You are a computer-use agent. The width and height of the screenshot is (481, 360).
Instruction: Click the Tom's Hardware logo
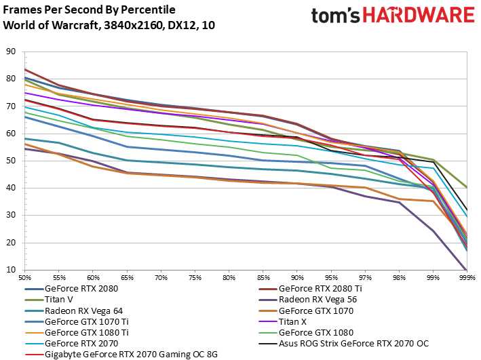click(x=391, y=17)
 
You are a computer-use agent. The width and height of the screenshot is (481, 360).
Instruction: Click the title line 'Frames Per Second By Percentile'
click(x=89, y=10)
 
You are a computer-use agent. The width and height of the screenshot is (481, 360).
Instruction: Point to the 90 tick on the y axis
click(x=11, y=52)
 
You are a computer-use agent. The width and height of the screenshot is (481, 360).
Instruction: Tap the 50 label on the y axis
click(x=11, y=161)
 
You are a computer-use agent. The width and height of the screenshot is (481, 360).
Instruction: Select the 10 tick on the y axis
click(x=11, y=270)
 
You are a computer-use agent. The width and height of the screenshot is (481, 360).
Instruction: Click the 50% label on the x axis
click(x=25, y=278)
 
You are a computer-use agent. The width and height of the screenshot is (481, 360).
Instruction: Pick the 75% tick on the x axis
click(x=195, y=278)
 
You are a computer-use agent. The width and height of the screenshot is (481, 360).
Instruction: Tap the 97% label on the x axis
click(x=365, y=278)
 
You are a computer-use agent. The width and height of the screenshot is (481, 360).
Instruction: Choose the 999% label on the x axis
click(x=467, y=278)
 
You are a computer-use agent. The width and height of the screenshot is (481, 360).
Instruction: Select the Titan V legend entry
click(x=60, y=300)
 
